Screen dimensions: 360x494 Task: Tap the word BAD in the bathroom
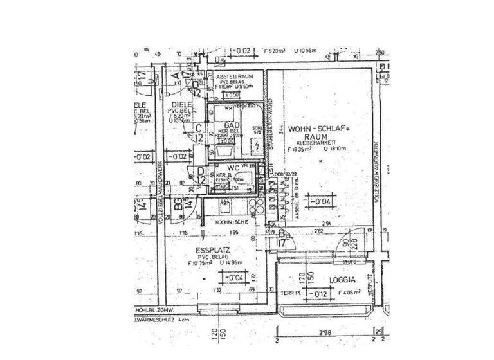click(233, 125)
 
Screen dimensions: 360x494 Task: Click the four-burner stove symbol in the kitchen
click(256, 206)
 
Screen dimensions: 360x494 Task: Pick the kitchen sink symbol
click(224, 206)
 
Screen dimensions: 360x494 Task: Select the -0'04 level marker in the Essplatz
click(233, 278)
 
